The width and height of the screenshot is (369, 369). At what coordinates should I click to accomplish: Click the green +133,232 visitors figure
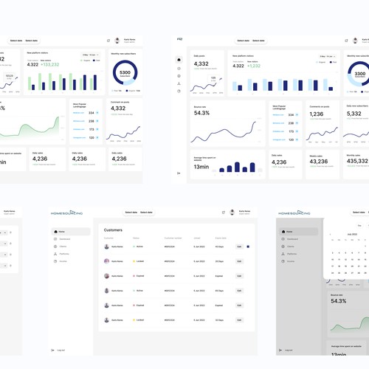coord(49,64)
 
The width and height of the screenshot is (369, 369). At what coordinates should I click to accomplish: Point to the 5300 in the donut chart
coord(125,72)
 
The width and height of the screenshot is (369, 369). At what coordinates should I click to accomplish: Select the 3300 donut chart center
coord(359,73)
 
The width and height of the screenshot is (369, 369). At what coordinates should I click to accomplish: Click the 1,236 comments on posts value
coord(316,114)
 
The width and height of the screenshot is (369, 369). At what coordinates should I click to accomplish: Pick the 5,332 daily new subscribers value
coord(355,114)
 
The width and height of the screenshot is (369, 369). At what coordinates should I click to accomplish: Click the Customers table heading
coord(113,230)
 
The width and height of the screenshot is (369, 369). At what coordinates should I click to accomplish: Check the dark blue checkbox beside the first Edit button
coord(248,246)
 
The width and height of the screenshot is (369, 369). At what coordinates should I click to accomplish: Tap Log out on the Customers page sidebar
coord(61,350)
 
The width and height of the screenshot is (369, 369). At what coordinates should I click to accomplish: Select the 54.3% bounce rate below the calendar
coord(338,301)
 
